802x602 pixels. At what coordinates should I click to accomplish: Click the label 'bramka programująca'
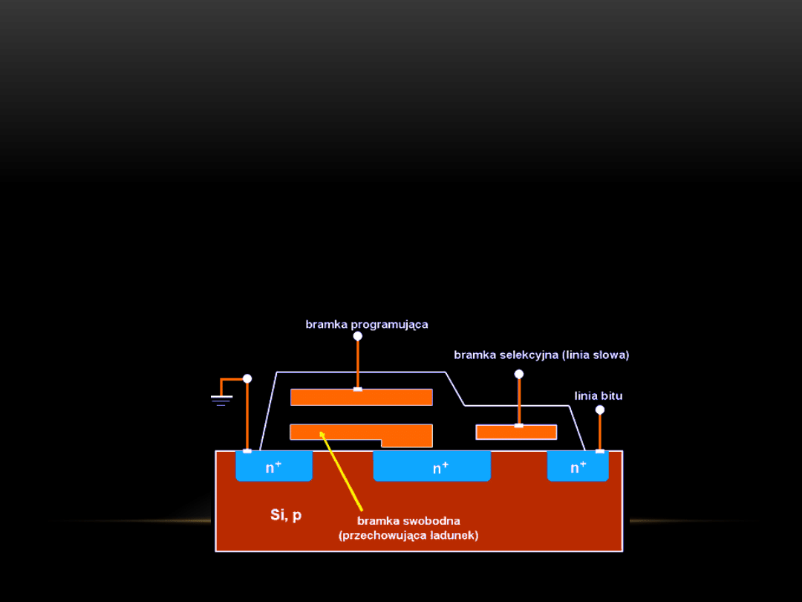point(367,325)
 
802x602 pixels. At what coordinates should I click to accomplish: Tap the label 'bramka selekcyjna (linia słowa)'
point(541,355)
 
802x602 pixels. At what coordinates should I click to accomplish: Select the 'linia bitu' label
point(599,396)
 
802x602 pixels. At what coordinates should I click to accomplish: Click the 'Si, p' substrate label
point(286,515)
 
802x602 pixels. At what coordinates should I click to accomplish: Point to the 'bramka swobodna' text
point(408,521)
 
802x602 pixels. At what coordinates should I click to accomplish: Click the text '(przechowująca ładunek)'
point(408,535)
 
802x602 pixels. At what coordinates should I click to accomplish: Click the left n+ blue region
point(274,467)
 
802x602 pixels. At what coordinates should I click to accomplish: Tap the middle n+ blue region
point(432,467)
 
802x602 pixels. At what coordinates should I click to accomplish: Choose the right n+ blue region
point(578,467)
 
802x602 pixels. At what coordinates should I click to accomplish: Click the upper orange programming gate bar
point(361,398)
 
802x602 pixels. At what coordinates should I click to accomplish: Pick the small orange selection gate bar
point(516,433)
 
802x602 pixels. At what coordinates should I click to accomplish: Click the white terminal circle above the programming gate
point(358,336)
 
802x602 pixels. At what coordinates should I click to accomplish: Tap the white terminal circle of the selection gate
point(519,374)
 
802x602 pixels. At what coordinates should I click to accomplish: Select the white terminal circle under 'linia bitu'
point(600,410)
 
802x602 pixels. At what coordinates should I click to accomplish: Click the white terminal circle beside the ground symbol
point(247,378)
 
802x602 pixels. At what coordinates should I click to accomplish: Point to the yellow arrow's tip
point(322,432)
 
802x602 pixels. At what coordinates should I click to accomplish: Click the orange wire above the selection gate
point(519,401)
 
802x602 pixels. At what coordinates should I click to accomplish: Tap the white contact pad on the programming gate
point(358,389)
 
